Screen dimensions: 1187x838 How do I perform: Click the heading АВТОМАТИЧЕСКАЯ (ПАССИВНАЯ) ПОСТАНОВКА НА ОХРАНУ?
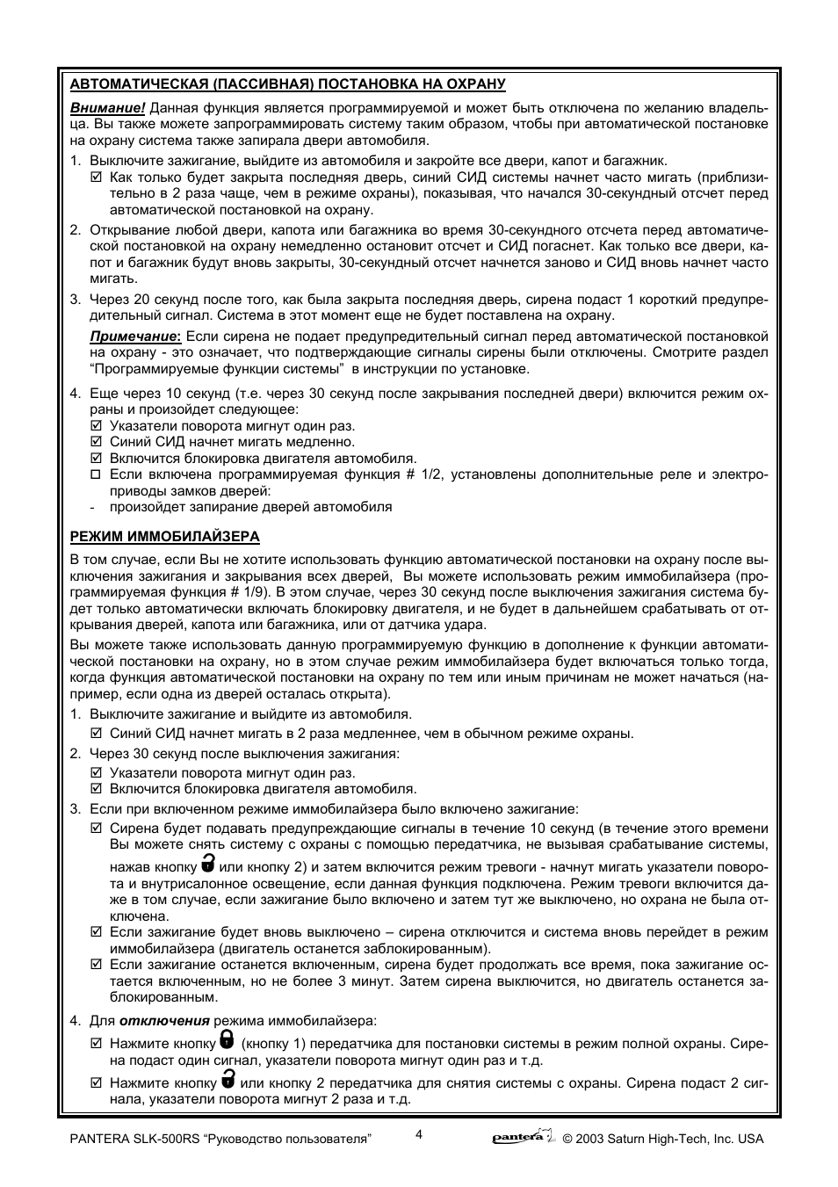(287, 84)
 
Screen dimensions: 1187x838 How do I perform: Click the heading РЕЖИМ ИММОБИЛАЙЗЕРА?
(164, 536)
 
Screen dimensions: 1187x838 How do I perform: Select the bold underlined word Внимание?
(107, 108)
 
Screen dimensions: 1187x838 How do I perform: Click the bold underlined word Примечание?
(134, 337)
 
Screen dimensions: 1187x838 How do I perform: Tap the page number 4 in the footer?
(419, 1133)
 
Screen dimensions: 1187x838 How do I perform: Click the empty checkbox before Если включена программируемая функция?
(97, 475)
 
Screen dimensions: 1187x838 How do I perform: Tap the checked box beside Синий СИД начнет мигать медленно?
(97, 443)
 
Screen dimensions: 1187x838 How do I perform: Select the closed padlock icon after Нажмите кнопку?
(227, 1041)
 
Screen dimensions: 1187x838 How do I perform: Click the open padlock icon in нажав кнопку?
(208, 862)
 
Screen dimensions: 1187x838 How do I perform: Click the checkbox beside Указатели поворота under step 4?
(97, 426)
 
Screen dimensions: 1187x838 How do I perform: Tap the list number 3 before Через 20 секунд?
(75, 300)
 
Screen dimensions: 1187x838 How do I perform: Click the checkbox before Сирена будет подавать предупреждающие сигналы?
(97, 829)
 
